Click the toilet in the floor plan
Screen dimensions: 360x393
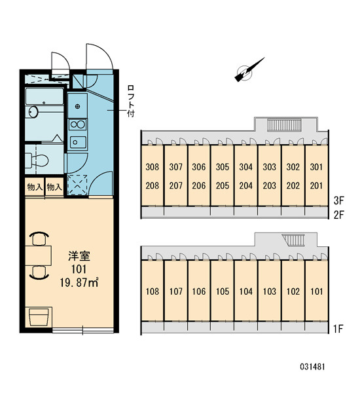click(x=37, y=160)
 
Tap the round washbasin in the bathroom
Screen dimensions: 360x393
click(x=33, y=112)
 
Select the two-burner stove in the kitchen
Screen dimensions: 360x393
click(x=78, y=125)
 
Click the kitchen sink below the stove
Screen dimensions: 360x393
click(x=78, y=142)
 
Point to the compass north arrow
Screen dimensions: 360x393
click(x=249, y=69)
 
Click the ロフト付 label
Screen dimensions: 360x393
click(x=130, y=101)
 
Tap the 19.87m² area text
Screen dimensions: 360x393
click(x=79, y=283)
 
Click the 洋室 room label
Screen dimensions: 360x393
click(x=79, y=256)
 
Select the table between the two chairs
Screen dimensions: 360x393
click(x=39, y=255)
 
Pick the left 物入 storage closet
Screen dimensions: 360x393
click(x=35, y=187)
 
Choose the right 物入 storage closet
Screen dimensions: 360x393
click(x=54, y=187)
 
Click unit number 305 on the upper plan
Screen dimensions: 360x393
click(x=223, y=167)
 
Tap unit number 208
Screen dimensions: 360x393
click(x=153, y=186)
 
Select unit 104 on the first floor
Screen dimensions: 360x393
click(x=245, y=291)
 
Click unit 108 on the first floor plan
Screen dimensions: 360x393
click(x=153, y=291)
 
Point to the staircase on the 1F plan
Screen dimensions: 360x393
click(x=293, y=240)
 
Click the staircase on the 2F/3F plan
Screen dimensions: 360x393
click(x=284, y=125)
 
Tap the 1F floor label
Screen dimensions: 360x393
click(x=338, y=329)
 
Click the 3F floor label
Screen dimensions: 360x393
click(x=339, y=200)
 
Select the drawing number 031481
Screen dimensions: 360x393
click(x=312, y=367)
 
